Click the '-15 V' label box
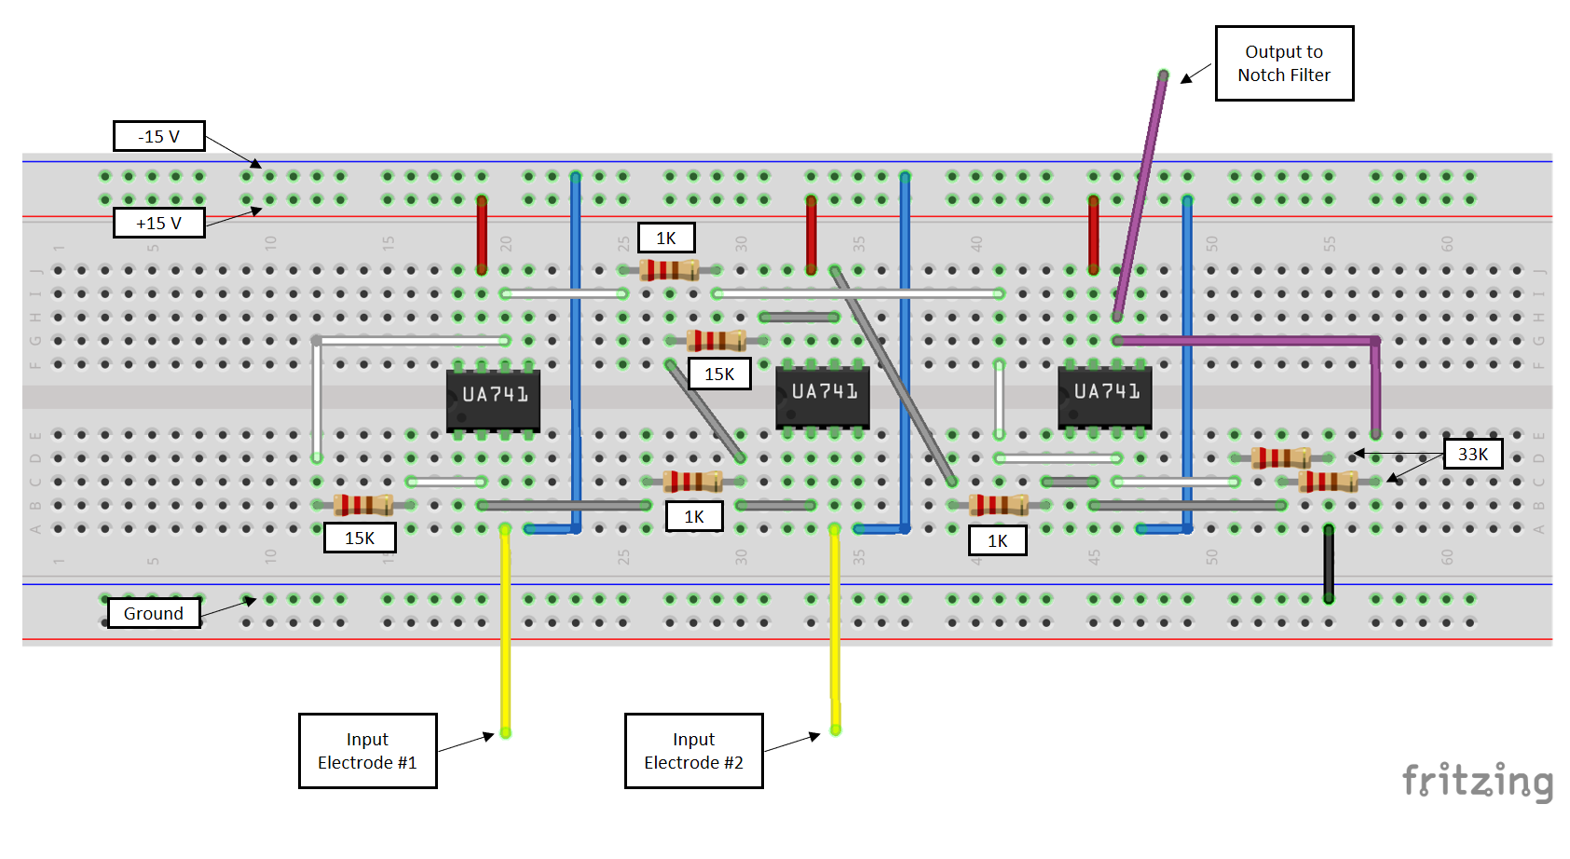click(158, 136)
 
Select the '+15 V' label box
click(158, 223)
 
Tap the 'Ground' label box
click(154, 613)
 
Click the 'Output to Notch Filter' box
click(1283, 63)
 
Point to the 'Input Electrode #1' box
click(367, 751)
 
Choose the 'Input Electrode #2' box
click(693, 751)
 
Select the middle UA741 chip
click(823, 395)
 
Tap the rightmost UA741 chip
click(1105, 395)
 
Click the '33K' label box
click(1472, 454)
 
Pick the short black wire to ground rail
click(1329, 564)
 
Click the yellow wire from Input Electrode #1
click(505, 634)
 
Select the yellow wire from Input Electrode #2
click(835, 634)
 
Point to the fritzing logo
click(1477, 781)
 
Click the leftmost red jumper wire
click(482, 233)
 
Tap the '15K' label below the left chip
click(360, 538)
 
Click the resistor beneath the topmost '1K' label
click(669, 270)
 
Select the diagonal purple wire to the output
click(1140, 196)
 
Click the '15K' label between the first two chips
click(719, 374)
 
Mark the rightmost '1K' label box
click(997, 540)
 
